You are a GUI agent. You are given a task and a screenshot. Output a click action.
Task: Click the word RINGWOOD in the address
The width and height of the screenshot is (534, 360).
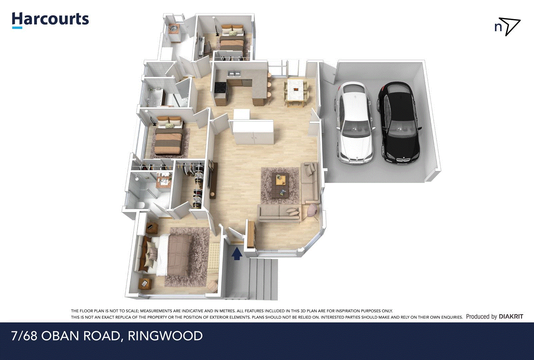pyautogui.click(x=165, y=336)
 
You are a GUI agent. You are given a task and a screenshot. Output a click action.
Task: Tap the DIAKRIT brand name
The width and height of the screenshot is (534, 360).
pyautogui.click(x=511, y=316)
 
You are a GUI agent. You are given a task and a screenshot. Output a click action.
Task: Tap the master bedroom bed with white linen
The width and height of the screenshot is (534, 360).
pyautogui.click(x=167, y=255)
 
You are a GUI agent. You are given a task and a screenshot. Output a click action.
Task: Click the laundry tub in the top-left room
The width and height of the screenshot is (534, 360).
pyautogui.click(x=173, y=29)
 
